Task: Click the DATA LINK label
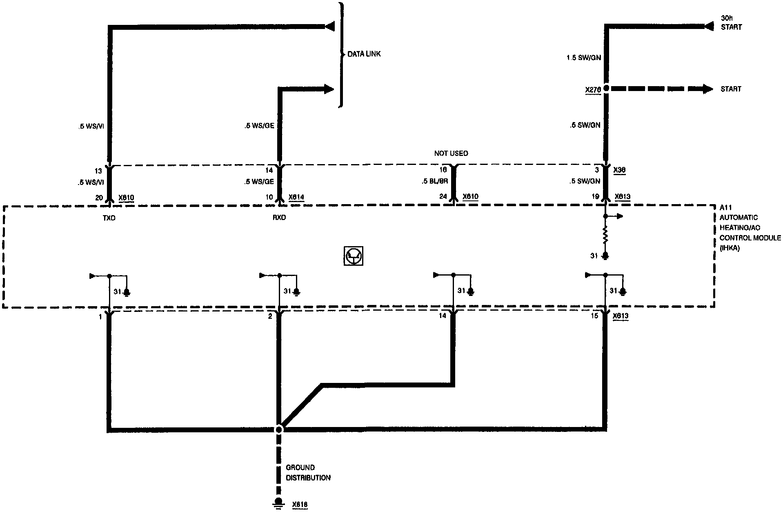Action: (x=364, y=54)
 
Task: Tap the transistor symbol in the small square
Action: (x=354, y=256)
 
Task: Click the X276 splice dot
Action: (x=606, y=88)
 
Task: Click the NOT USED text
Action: (x=451, y=153)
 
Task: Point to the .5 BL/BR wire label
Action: (x=435, y=181)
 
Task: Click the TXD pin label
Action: (x=109, y=218)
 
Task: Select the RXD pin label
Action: (x=279, y=218)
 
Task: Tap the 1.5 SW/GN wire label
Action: (x=584, y=58)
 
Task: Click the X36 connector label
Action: (x=619, y=170)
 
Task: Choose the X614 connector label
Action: (x=296, y=198)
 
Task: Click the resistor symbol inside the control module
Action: (x=606, y=236)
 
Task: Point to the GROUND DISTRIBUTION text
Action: (x=308, y=473)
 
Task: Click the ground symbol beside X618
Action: (x=279, y=503)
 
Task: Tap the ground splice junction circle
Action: (x=279, y=429)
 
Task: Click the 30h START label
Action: (x=731, y=23)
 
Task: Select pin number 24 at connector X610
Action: (x=443, y=197)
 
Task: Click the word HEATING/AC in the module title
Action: (x=740, y=228)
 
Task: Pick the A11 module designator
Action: (x=726, y=208)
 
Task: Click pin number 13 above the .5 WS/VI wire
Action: (x=98, y=171)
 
